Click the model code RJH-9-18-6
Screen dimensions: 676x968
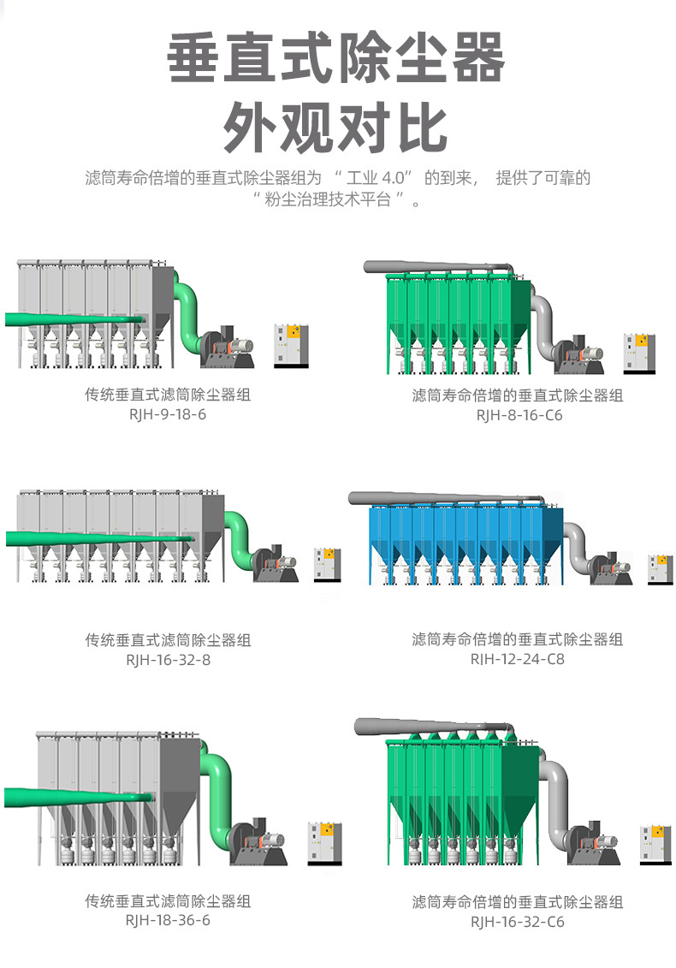[168, 414]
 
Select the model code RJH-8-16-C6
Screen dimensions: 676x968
[519, 415]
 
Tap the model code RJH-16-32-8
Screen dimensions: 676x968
[168, 660]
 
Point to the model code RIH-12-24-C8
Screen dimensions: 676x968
[518, 659]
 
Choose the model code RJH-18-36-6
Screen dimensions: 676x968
[168, 920]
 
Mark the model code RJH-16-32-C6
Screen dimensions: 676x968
[518, 922]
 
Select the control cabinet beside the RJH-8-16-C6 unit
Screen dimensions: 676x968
[638, 352]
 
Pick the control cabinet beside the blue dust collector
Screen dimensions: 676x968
[660, 570]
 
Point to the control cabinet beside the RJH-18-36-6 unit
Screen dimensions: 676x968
[324, 842]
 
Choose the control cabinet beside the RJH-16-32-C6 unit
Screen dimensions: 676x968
[655, 844]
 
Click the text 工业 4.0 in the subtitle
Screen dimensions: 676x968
[373, 178]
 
